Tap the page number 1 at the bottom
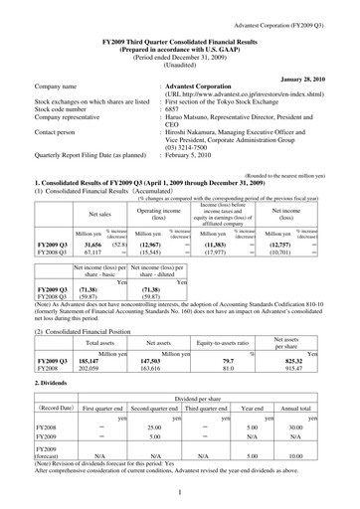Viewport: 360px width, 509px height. [x=180, y=490]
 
